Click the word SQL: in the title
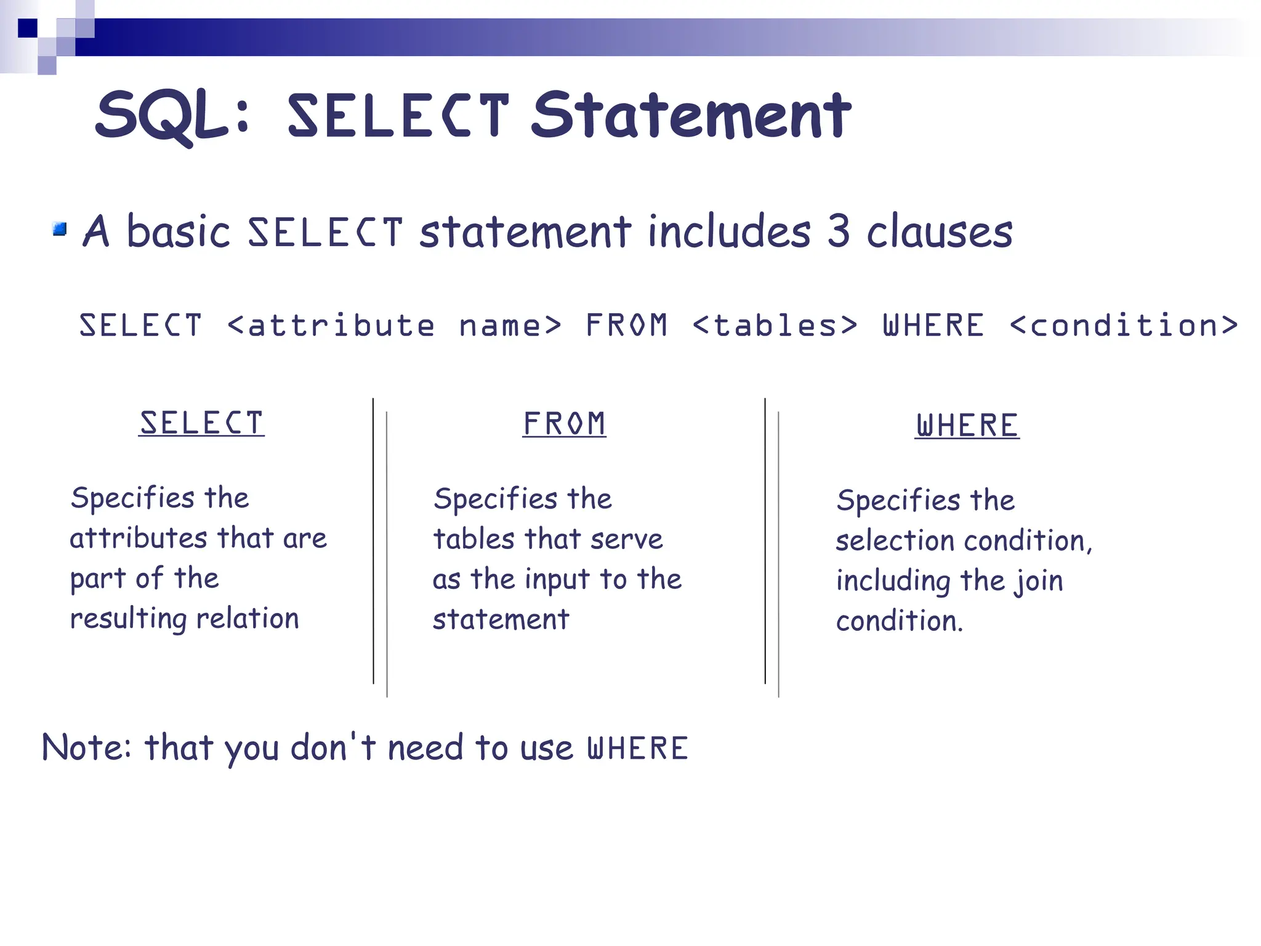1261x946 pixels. (172, 116)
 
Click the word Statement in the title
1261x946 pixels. (691, 116)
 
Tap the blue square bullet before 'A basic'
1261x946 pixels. (60, 230)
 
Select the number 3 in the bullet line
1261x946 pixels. (838, 231)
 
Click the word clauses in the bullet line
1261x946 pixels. (940, 233)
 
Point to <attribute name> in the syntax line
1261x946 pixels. (394, 326)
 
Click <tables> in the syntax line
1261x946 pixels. (775, 326)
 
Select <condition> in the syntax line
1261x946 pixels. (1124, 326)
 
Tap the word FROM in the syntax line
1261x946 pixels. (626, 326)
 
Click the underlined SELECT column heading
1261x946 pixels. (201, 423)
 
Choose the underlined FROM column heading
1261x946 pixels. (564, 424)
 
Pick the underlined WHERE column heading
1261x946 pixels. (967, 426)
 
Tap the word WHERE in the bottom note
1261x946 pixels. (637, 748)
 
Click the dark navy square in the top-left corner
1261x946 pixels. (28, 28)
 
